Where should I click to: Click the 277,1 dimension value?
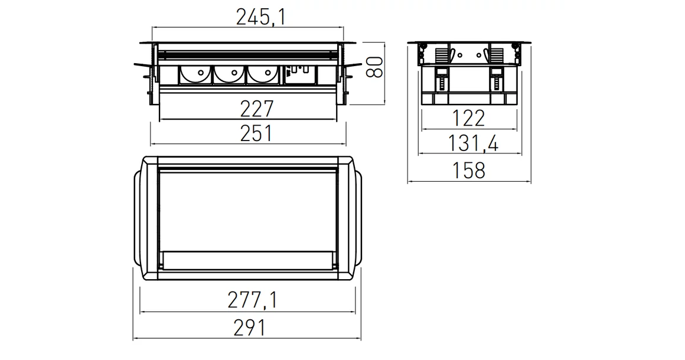[x=252, y=301]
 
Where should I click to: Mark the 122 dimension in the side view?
[x=468, y=119]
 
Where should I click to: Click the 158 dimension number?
[x=468, y=170]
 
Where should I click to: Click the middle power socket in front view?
[x=226, y=76]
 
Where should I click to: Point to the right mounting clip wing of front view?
[x=353, y=71]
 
